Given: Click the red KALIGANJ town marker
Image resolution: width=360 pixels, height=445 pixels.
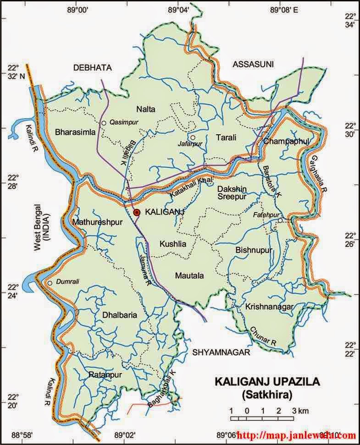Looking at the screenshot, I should click(136, 212).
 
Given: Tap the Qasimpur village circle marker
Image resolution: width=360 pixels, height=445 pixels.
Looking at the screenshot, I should click(104, 123).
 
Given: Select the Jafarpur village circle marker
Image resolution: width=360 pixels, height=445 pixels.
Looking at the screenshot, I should click(193, 137).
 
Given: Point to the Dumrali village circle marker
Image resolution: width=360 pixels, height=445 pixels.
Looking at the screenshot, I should click(50, 283).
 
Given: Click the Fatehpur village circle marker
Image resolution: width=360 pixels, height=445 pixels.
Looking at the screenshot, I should click(280, 220).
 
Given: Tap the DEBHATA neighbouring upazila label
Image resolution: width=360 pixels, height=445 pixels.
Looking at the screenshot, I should click(92, 67).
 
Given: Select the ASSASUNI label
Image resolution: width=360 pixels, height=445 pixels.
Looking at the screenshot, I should click(253, 65).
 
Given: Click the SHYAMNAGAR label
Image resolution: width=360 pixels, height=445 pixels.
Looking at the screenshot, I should click(221, 352).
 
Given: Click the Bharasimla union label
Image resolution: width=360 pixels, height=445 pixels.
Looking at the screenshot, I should click(75, 132).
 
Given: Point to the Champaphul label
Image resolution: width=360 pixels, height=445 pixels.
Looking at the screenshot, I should click(286, 141).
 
